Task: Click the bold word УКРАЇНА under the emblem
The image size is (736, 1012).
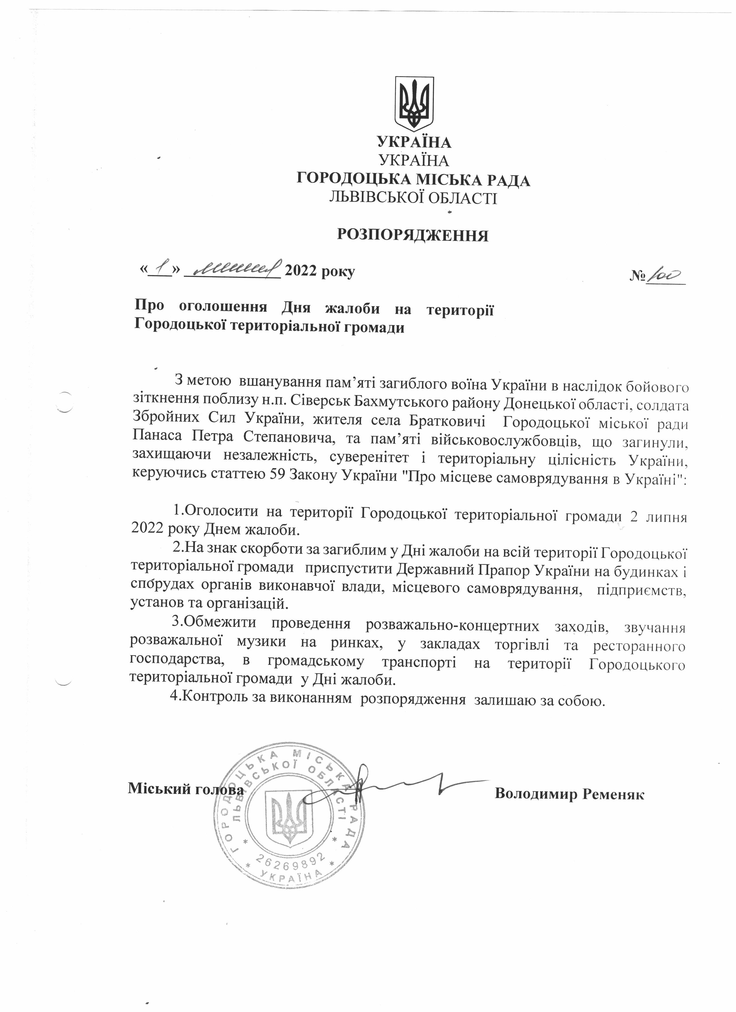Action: coord(414,142)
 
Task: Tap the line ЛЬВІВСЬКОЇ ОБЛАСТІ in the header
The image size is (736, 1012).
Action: coord(413,198)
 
